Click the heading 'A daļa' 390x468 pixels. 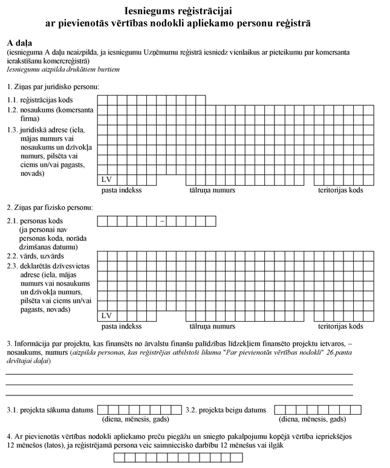pos(21,44)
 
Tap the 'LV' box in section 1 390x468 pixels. pos(107,180)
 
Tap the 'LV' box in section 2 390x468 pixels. pos(107,316)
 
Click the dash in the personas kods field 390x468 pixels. pos(161,221)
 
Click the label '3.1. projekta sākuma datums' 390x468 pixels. pos(50,410)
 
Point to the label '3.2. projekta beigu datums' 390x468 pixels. pos(226,410)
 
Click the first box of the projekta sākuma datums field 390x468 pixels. pos(102,410)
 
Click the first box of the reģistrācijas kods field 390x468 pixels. pos(103,100)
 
